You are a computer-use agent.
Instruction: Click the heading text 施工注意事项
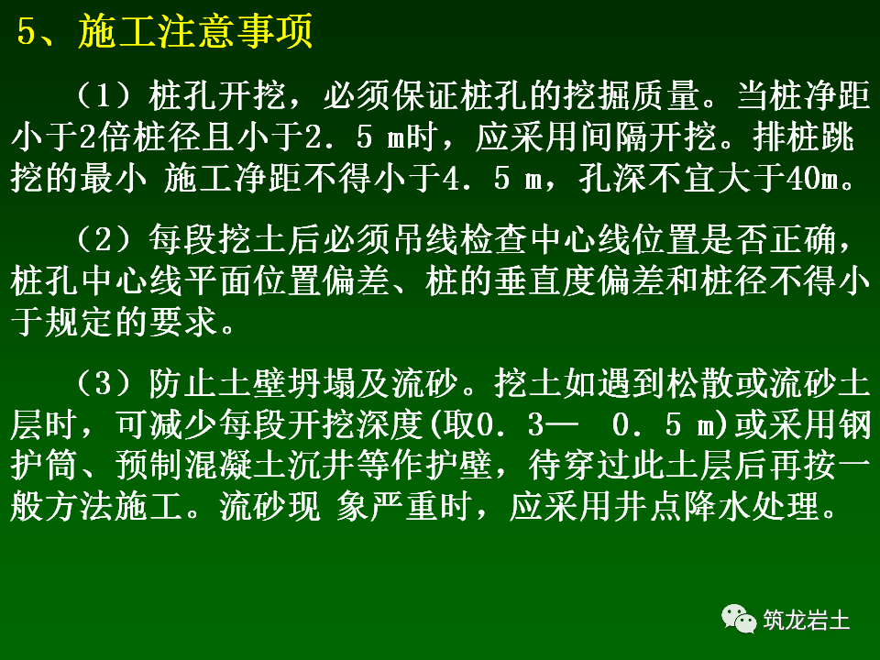pos(197,34)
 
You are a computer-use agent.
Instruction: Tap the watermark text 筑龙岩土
pos(806,621)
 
